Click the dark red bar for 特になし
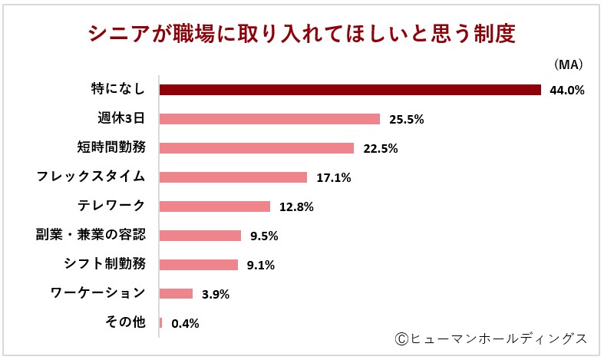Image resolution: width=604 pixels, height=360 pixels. (350, 90)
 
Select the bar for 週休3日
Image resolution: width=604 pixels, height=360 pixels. (269, 119)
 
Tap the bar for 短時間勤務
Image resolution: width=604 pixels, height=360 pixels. (256, 148)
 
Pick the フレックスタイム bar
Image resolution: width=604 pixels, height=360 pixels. (233, 177)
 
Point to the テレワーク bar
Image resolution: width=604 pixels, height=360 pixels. (214, 206)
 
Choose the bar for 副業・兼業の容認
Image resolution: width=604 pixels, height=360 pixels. (200, 236)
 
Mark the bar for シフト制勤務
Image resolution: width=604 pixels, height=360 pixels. (198, 265)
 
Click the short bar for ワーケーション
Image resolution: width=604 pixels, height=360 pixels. (176, 293)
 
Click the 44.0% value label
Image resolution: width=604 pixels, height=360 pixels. (567, 91)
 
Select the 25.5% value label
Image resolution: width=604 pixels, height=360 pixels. (406, 120)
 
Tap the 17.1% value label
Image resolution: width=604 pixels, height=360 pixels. (333, 178)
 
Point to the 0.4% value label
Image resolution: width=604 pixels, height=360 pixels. (186, 323)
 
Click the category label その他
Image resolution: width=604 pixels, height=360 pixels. (124, 322)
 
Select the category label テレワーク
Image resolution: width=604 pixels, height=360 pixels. (111, 206)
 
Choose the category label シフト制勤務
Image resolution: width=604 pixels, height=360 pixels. (104, 264)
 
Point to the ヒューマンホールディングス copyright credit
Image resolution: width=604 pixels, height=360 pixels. (491, 339)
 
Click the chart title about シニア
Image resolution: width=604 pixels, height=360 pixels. (301, 35)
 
